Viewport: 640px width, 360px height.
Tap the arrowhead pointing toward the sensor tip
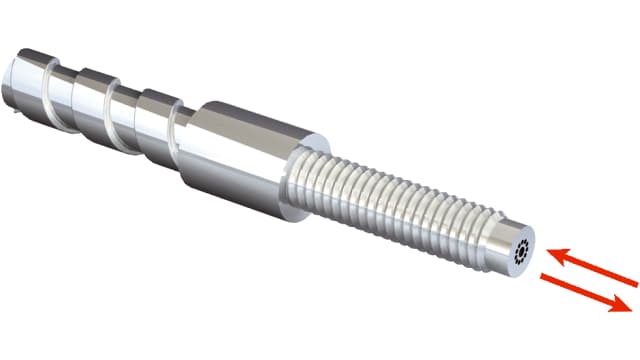(550, 251)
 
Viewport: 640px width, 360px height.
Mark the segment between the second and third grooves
(155, 115)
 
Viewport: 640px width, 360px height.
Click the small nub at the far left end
(9, 90)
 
